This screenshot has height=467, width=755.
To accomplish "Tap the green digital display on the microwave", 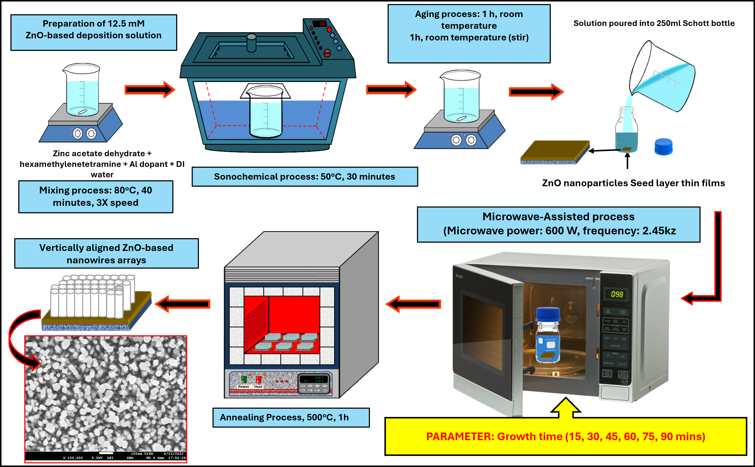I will pos(617,294).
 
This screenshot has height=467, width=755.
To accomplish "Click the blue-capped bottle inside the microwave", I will pos(548,335).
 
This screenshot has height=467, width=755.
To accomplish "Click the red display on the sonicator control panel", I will pos(320,24).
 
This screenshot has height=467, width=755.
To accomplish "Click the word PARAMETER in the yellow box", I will pos(460,436).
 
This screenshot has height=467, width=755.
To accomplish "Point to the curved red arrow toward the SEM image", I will pos(19,337).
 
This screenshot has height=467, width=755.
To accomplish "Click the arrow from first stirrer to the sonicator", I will pos(150,90).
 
